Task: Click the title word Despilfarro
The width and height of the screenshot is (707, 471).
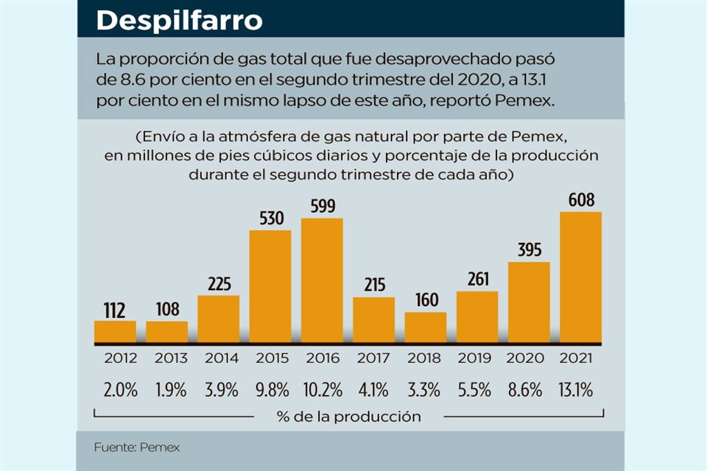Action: (x=179, y=21)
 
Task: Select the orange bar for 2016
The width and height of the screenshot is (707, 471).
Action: (x=322, y=281)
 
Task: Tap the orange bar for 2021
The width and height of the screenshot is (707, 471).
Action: (x=581, y=278)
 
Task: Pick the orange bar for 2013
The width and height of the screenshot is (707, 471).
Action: (x=166, y=333)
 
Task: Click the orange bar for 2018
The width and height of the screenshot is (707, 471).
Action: (x=426, y=327)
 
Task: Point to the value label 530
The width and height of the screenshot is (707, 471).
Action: (x=270, y=219)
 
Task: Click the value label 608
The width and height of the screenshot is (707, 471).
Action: (x=581, y=200)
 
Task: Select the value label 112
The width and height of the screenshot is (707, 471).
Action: (x=115, y=309)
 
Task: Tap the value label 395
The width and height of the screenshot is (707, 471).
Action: (x=529, y=250)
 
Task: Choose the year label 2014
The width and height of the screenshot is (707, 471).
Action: (x=219, y=358)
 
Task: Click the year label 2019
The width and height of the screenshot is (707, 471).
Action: (x=477, y=358)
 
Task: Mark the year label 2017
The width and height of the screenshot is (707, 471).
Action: (x=373, y=358)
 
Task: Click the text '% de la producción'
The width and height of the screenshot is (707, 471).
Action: (x=349, y=417)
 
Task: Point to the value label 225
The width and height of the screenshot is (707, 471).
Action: (x=219, y=283)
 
